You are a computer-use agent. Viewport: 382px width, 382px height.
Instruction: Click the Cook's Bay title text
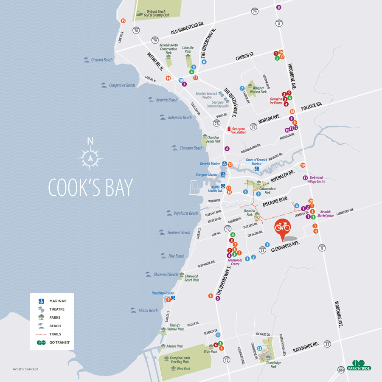[90, 187]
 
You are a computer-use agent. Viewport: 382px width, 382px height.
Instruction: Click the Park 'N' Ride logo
[359, 365]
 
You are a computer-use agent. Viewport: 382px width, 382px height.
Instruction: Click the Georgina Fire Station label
[239, 130]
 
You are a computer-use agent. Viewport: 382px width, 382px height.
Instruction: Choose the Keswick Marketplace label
[325, 213]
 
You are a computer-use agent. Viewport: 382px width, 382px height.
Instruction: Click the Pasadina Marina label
[163, 293]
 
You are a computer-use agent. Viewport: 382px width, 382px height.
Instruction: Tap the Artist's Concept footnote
[25, 369]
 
